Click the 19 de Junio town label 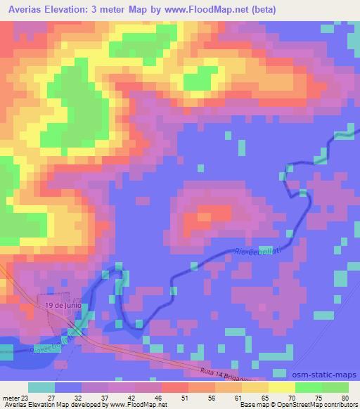coord(64,306)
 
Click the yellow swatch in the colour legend coord(282,387)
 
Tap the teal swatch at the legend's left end coord(41,387)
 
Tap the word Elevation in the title coord(70,10)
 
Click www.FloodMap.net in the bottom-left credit coord(134,405)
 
